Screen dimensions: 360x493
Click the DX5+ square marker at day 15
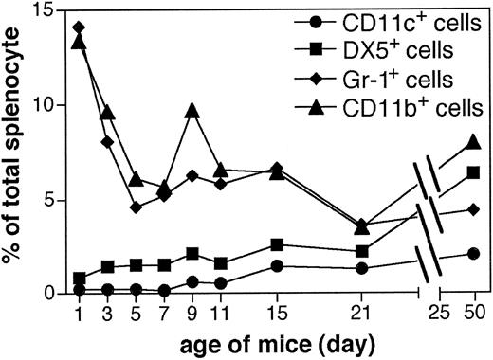(x=276, y=244)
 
